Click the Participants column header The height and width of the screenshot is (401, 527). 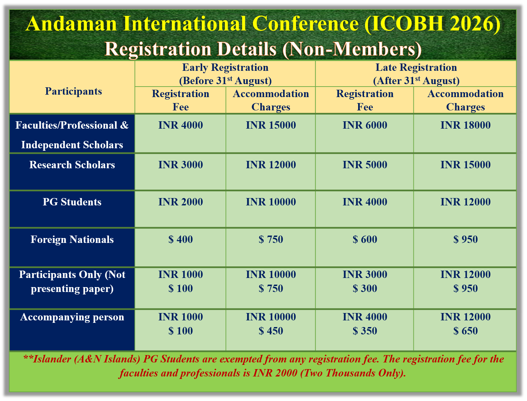(x=74, y=91)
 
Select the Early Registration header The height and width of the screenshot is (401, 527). (x=225, y=74)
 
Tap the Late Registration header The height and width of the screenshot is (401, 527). (x=416, y=74)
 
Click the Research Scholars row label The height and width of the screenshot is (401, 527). (x=72, y=165)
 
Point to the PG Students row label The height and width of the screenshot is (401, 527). (x=72, y=202)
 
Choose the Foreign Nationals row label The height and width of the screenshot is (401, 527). (x=72, y=239)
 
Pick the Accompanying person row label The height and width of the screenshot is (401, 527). (x=72, y=317)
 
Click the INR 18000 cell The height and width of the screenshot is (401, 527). (x=465, y=125)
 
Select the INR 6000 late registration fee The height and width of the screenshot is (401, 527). (x=365, y=125)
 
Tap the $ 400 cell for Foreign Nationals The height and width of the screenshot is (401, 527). (x=180, y=239)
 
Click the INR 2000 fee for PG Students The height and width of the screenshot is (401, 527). (x=180, y=202)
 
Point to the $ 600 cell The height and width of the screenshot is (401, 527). (x=365, y=239)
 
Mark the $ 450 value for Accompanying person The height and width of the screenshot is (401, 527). (x=271, y=331)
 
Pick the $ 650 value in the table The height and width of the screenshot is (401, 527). (x=465, y=331)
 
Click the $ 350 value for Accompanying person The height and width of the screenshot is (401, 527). (x=365, y=331)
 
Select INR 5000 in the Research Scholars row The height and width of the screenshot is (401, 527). (x=365, y=165)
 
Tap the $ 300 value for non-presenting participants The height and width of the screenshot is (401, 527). (x=365, y=288)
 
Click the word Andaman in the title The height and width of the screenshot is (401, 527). (x=71, y=24)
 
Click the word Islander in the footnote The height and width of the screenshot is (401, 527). (x=52, y=359)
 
